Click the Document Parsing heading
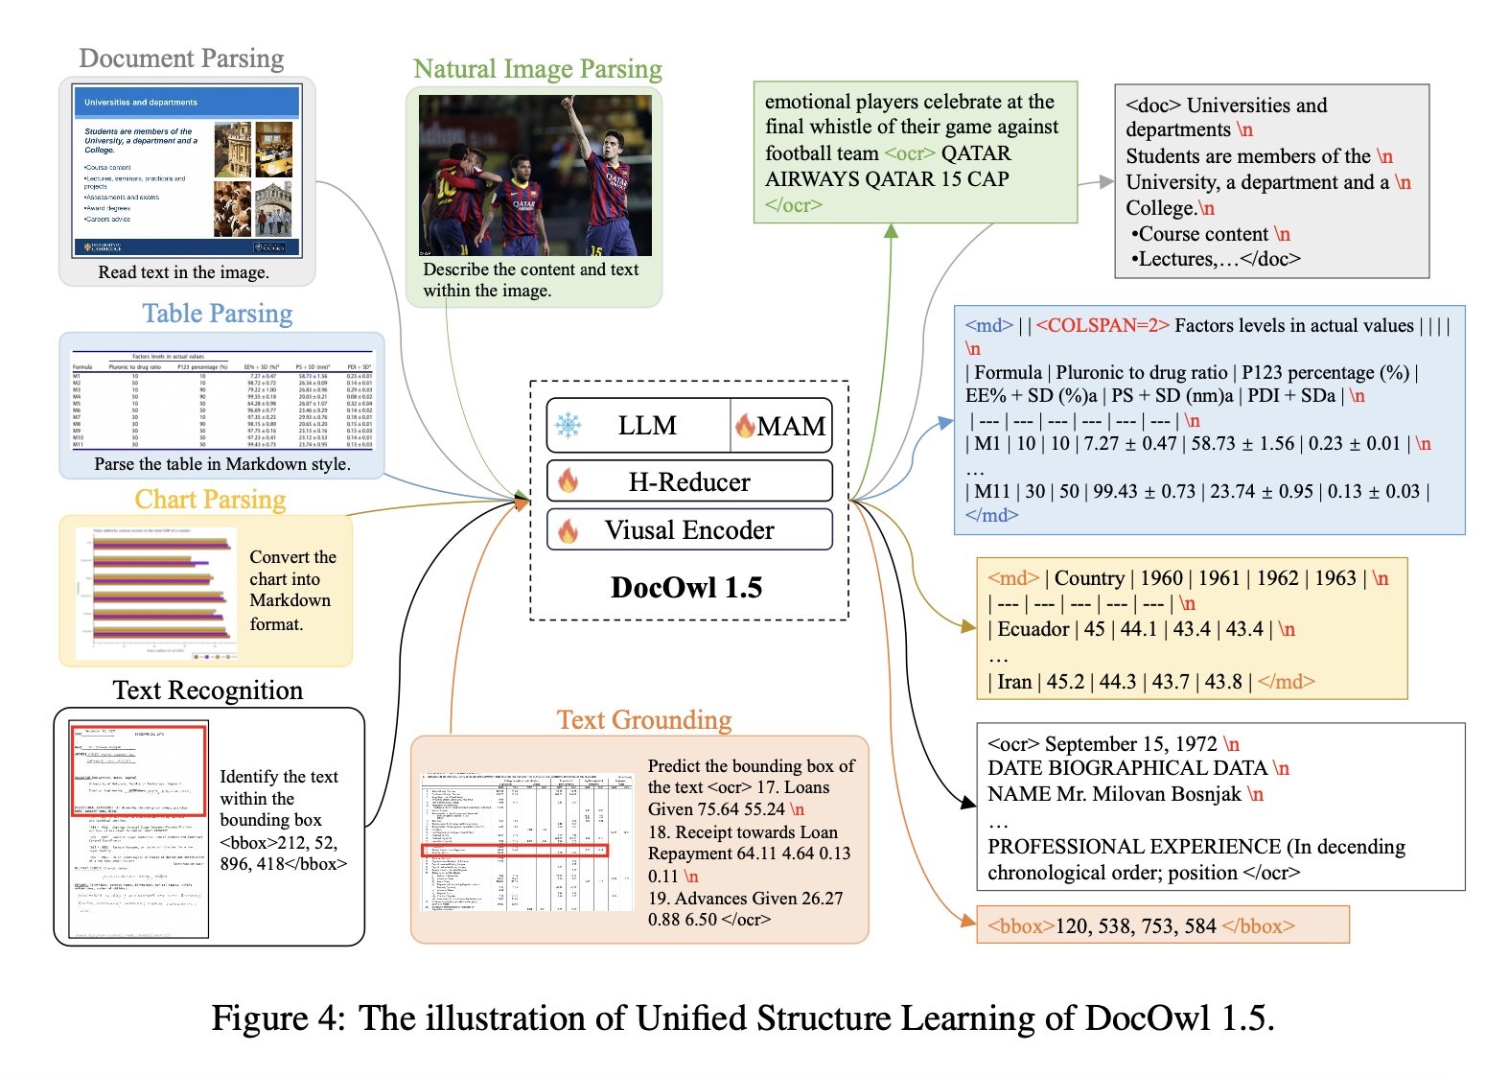(x=181, y=58)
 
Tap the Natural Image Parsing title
(x=537, y=69)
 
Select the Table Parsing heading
(x=218, y=314)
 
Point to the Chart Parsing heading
(x=210, y=500)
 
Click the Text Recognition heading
(x=207, y=690)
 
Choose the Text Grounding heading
(x=644, y=720)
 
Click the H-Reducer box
(x=688, y=481)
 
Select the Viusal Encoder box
(x=688, y=530)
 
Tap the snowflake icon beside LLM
(x=569, y=426)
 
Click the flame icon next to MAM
(x=745, y=427)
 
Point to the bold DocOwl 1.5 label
(x=686, y=588)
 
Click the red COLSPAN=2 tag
(x=1103, y=326)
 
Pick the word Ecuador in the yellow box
(x=1033, y=629)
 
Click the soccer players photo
(x=535, y=175)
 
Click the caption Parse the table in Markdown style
(x=222, y=464)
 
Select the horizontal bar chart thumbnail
(x=156, y=592)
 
